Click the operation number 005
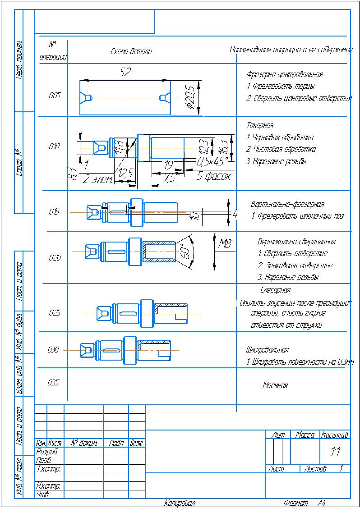pos(55,96)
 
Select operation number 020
pos(55,258)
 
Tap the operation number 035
pos(54,383)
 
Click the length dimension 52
pos(125,73)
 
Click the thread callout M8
pos(224,244)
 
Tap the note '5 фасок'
pos(214,177)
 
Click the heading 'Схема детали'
pos(131,51)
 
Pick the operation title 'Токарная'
pos(260,125)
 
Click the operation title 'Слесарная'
pos(275,290)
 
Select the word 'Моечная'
pos(275,385)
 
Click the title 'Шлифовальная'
pos(267,350)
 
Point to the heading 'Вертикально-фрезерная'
pos(287,204)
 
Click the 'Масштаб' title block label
pos(335,435)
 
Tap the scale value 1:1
pos(335,451)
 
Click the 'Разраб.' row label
pos(47,451)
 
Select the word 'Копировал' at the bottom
pos(180,503)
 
